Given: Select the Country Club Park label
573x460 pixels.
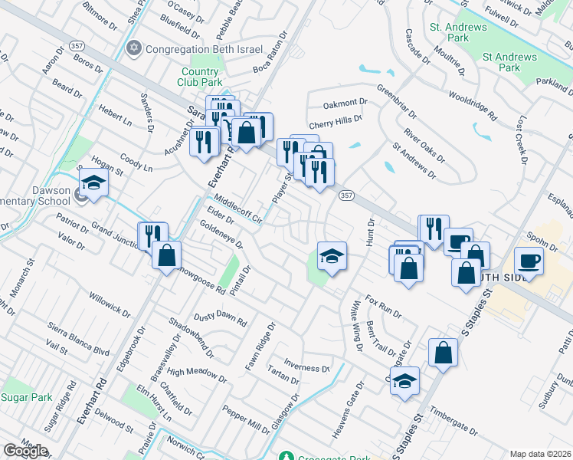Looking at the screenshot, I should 199,77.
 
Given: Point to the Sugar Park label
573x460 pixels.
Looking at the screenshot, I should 26,397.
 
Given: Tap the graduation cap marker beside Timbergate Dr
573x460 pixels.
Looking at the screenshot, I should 404,379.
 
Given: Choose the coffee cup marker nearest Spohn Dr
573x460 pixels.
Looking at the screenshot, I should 529,260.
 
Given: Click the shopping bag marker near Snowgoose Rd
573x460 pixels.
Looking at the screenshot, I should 166,255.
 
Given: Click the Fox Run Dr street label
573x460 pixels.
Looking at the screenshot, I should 383,305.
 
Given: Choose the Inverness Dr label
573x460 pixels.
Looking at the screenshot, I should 306,363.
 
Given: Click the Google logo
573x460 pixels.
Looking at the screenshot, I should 25,451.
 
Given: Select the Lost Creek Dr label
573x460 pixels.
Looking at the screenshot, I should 523,141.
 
